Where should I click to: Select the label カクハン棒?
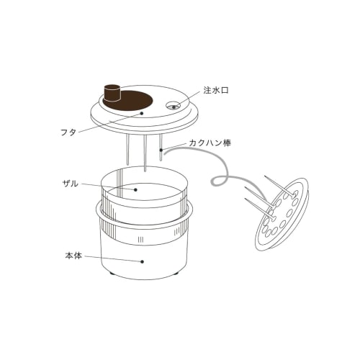point(208,143)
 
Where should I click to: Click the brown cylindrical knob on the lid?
point(112,93)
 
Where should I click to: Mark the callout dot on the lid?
point(142,114)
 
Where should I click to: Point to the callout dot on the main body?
point(142,261)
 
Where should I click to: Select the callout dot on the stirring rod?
point(161,151)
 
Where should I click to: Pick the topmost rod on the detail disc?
point(281,185)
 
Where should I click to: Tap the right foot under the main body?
point(176,274)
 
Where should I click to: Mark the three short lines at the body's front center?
point(140,239)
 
